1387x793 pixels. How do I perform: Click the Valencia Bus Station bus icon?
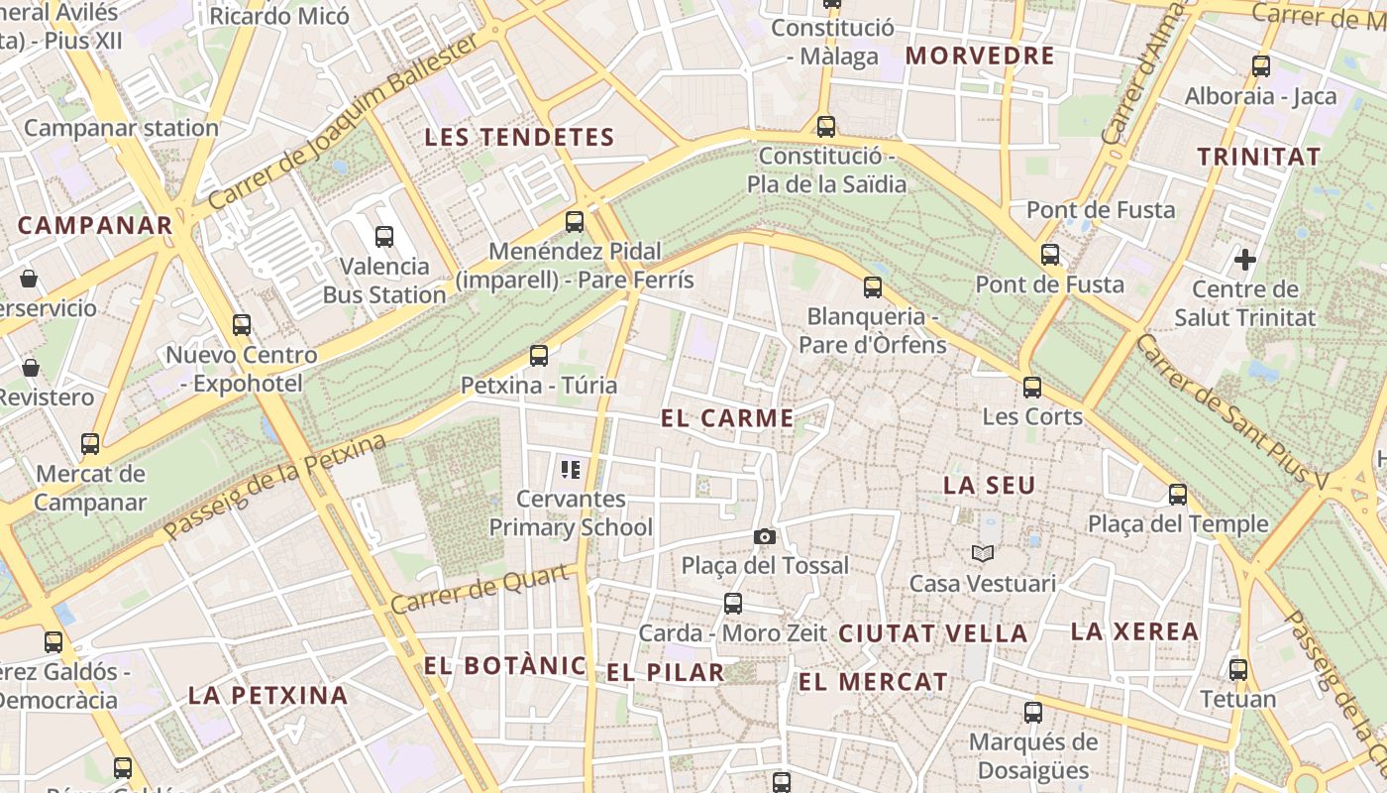pyautogui.click(x=384, y=237)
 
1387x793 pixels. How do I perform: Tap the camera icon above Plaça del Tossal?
pyautogui.click(x=765, y=536)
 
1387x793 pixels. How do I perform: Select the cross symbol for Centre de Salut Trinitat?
pyautogui.click(x=1245, y=261)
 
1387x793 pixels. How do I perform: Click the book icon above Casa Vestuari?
pyautogui.click(x=982, y=553)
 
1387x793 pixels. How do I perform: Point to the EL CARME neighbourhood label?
pyautogui.click(x=727, y=418)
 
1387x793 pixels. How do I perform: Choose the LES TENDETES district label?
pyautogui.click(x=520, y=138)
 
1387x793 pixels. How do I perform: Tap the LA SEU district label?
pyautogui.click(x=989, y=486)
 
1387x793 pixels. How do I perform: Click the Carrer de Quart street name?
pyautogui.click(x=480, y=589)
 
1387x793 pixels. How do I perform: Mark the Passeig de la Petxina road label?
pyautogui.click(x=274, y=487)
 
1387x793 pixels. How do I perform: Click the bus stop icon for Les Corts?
pyautogui.click(x=1032, y=387)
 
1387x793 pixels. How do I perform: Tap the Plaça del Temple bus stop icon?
pyautogui.click(x=1178, y=494)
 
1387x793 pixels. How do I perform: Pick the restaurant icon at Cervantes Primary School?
pyautogui.click(x=570, y=469)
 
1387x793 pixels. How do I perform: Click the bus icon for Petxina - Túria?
pyautogui.click(x=539, y=355)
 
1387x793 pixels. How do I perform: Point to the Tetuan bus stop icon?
pyautogui.click(x=1238, y=669)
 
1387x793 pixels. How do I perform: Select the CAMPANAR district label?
pyautogui.click(x=95, y=225)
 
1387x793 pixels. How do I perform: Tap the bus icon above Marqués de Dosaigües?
pyautogui.click(x=1033, y=712)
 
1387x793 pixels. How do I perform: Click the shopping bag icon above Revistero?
pyautogui.click(x=30, y=368)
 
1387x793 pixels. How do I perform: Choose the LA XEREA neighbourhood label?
pyautogui.click(x=1134, y=631)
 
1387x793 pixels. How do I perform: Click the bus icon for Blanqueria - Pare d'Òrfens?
pyautogui.click(x=873, y=287)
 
